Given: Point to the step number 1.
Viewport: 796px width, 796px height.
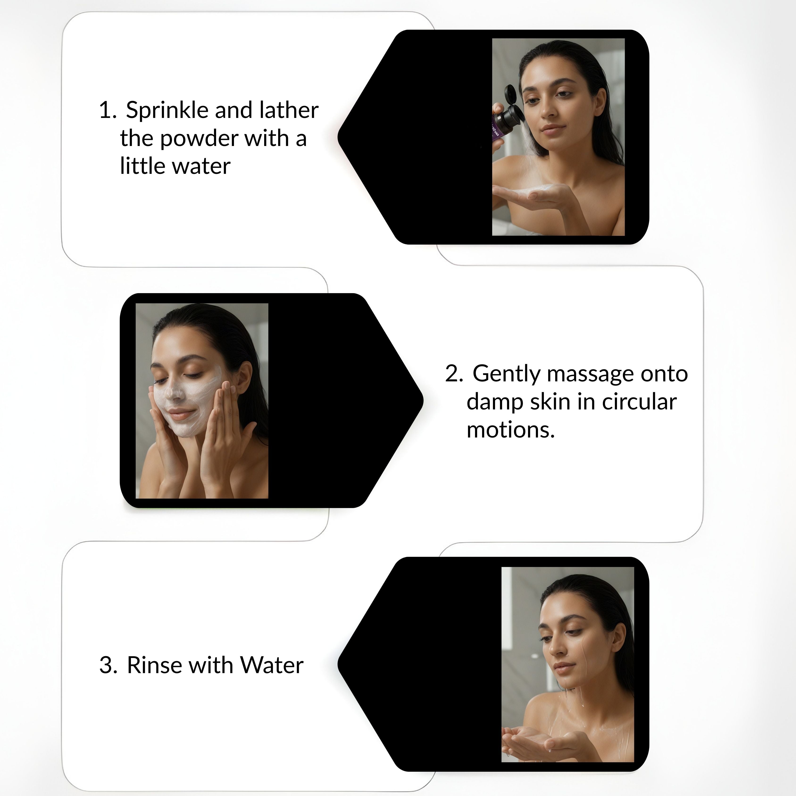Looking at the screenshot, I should click(x=107, y=110).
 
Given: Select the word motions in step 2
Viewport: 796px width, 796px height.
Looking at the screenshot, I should click(x=510, y=430).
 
